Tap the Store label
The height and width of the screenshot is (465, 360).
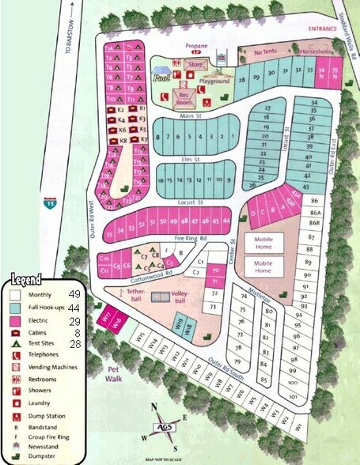point(197,64)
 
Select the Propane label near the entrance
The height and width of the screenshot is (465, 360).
point(196,47)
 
